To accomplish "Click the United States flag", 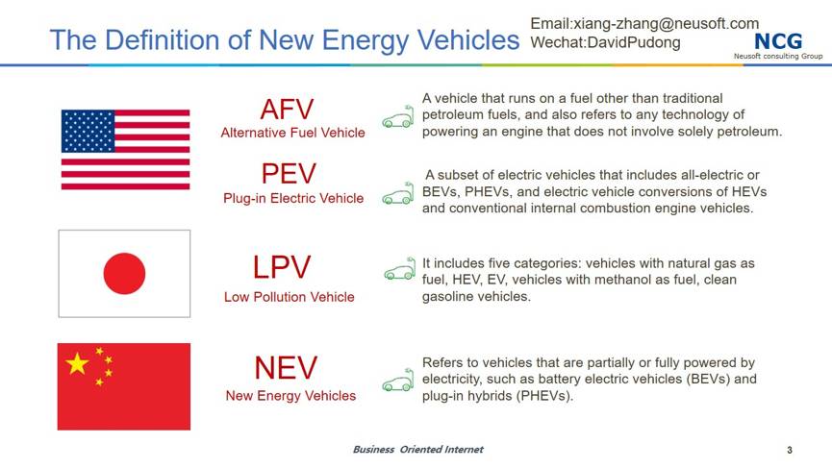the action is tap(125, 150).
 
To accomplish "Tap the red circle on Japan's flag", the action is tap(124, 274).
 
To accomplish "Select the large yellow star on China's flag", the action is tap(77, 363).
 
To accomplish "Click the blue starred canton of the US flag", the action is tap(88, 131).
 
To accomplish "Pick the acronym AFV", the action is tap(287, 110).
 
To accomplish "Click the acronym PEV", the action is tap(289, 174).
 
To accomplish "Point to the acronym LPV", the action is tap(282, 267).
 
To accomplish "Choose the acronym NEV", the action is tap(286, 368).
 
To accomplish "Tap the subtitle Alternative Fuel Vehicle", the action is tap(293, 133).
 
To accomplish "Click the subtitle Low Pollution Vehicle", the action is tap(290, 297).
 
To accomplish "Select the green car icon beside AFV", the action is tap(398, 116).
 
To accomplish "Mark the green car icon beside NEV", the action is tap(398, 380).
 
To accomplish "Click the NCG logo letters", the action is tap(778, 41).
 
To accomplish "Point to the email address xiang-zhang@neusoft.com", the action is tap(667, 24).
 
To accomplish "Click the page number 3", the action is tap(790, 450).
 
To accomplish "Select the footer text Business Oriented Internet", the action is tap(418, 450).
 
